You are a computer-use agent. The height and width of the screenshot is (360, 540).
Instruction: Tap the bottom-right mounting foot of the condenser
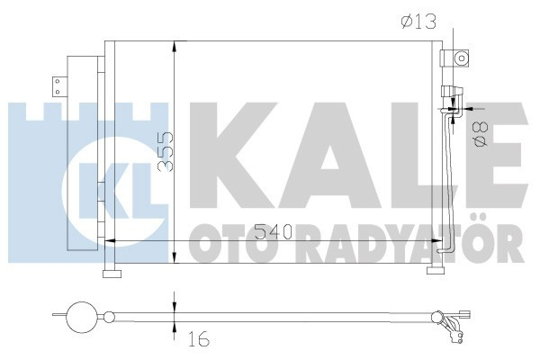coord(438,273)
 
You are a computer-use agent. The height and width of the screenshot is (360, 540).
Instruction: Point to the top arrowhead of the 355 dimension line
coord(173,45)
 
